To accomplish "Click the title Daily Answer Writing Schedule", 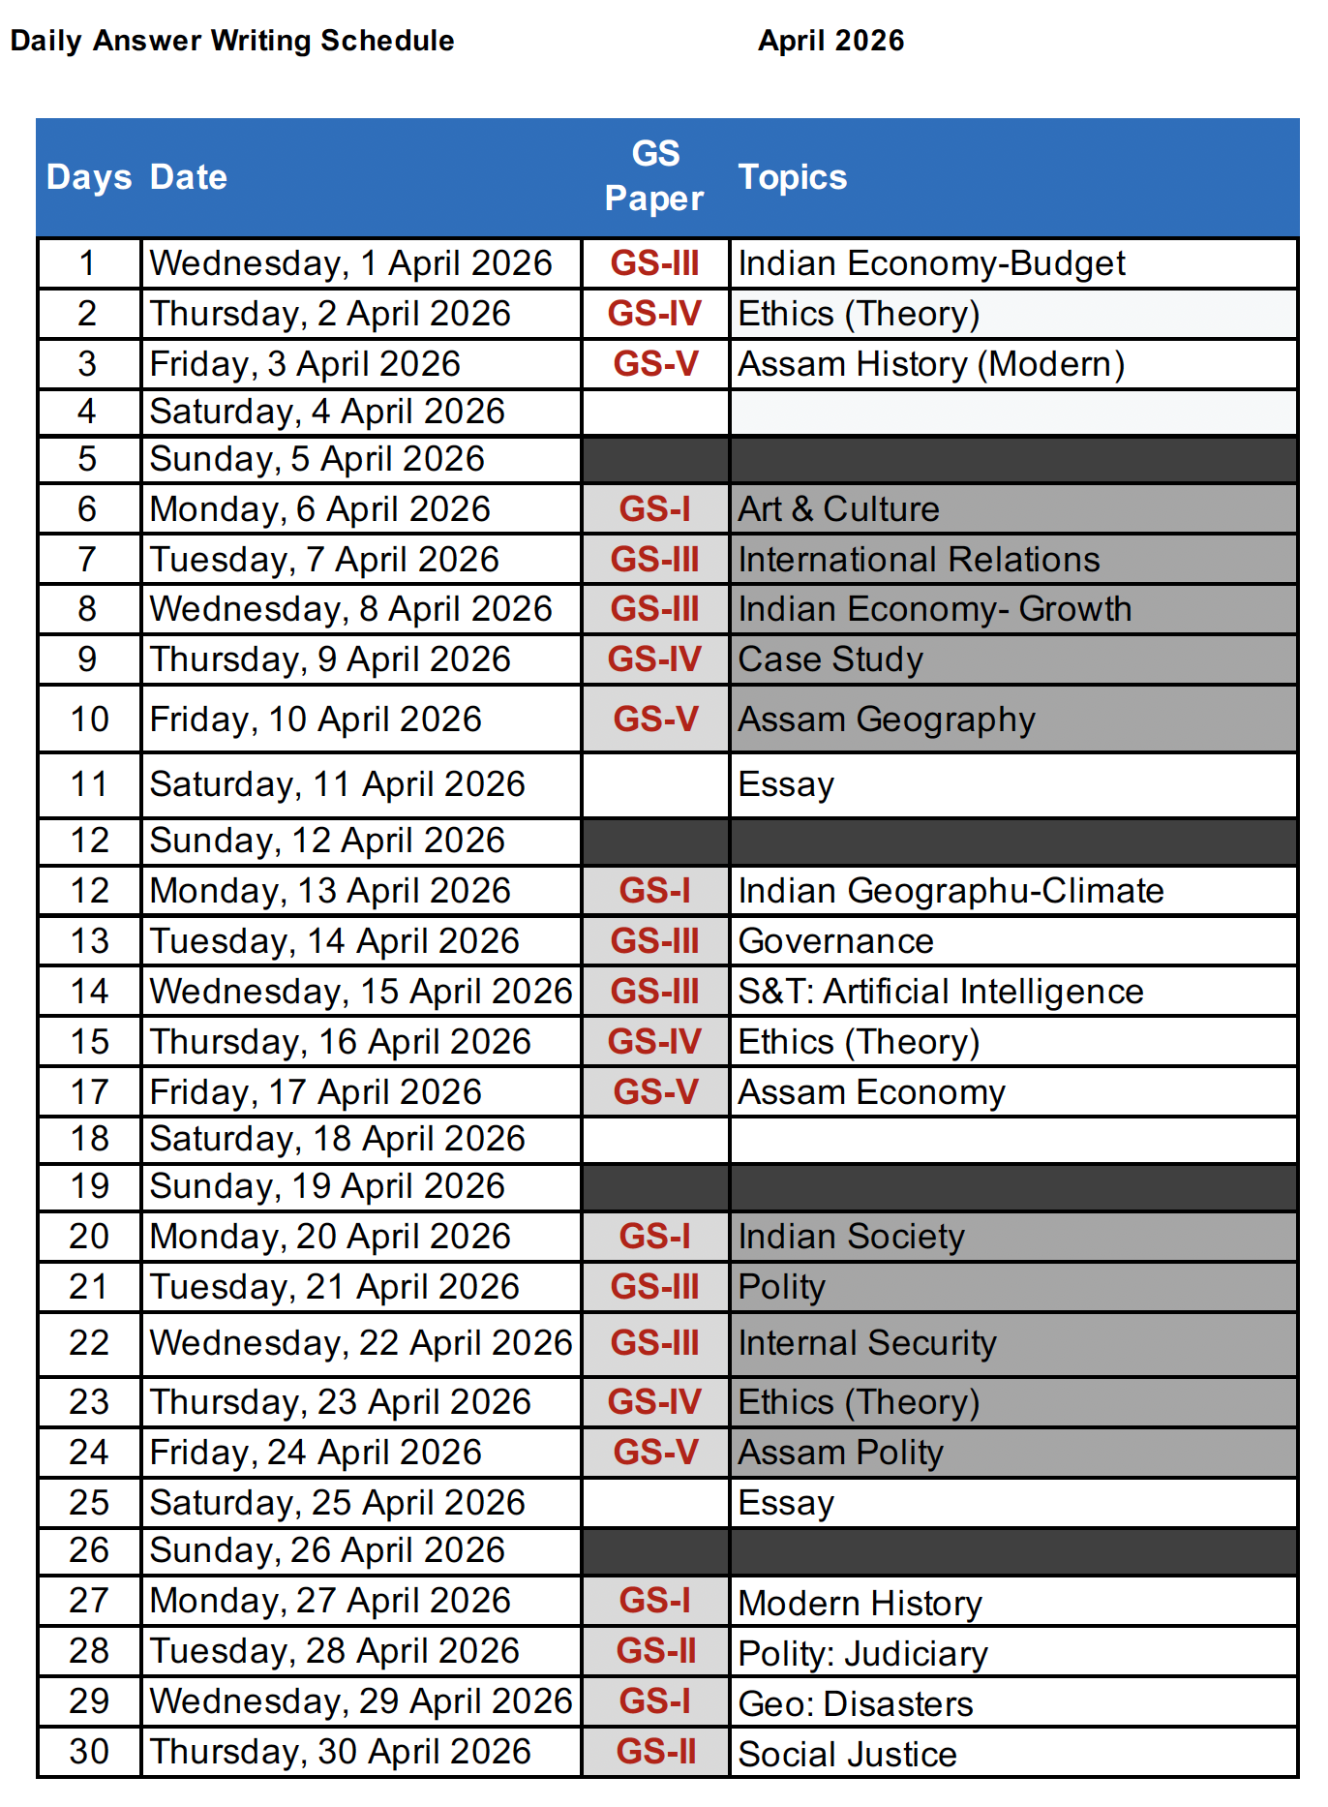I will coord(232,41).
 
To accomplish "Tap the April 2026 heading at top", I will coord(830,41).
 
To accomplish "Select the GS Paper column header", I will coord(654,176).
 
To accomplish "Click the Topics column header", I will coord(792,177).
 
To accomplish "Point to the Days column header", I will coord(89,177).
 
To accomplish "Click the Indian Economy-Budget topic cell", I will coord(931,263).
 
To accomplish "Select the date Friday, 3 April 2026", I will coord(305,364).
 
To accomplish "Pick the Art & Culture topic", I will coord(838,509).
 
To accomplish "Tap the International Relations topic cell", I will coord(919,560).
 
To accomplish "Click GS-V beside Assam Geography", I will coord(655,720).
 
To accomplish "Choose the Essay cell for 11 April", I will coord(786,784).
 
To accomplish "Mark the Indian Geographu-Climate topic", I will coord(951,891).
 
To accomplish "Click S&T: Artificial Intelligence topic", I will coord(940,992).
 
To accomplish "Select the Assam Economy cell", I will coord(871,1092).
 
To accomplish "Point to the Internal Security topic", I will coord(866,1343).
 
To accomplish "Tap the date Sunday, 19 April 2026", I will coord(327,1186).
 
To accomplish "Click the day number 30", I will coord(89,1752).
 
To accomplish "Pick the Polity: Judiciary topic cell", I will coord(862,1654).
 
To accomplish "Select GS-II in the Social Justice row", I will coord(655,1752).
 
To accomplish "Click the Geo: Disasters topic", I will coord(855,1704).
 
